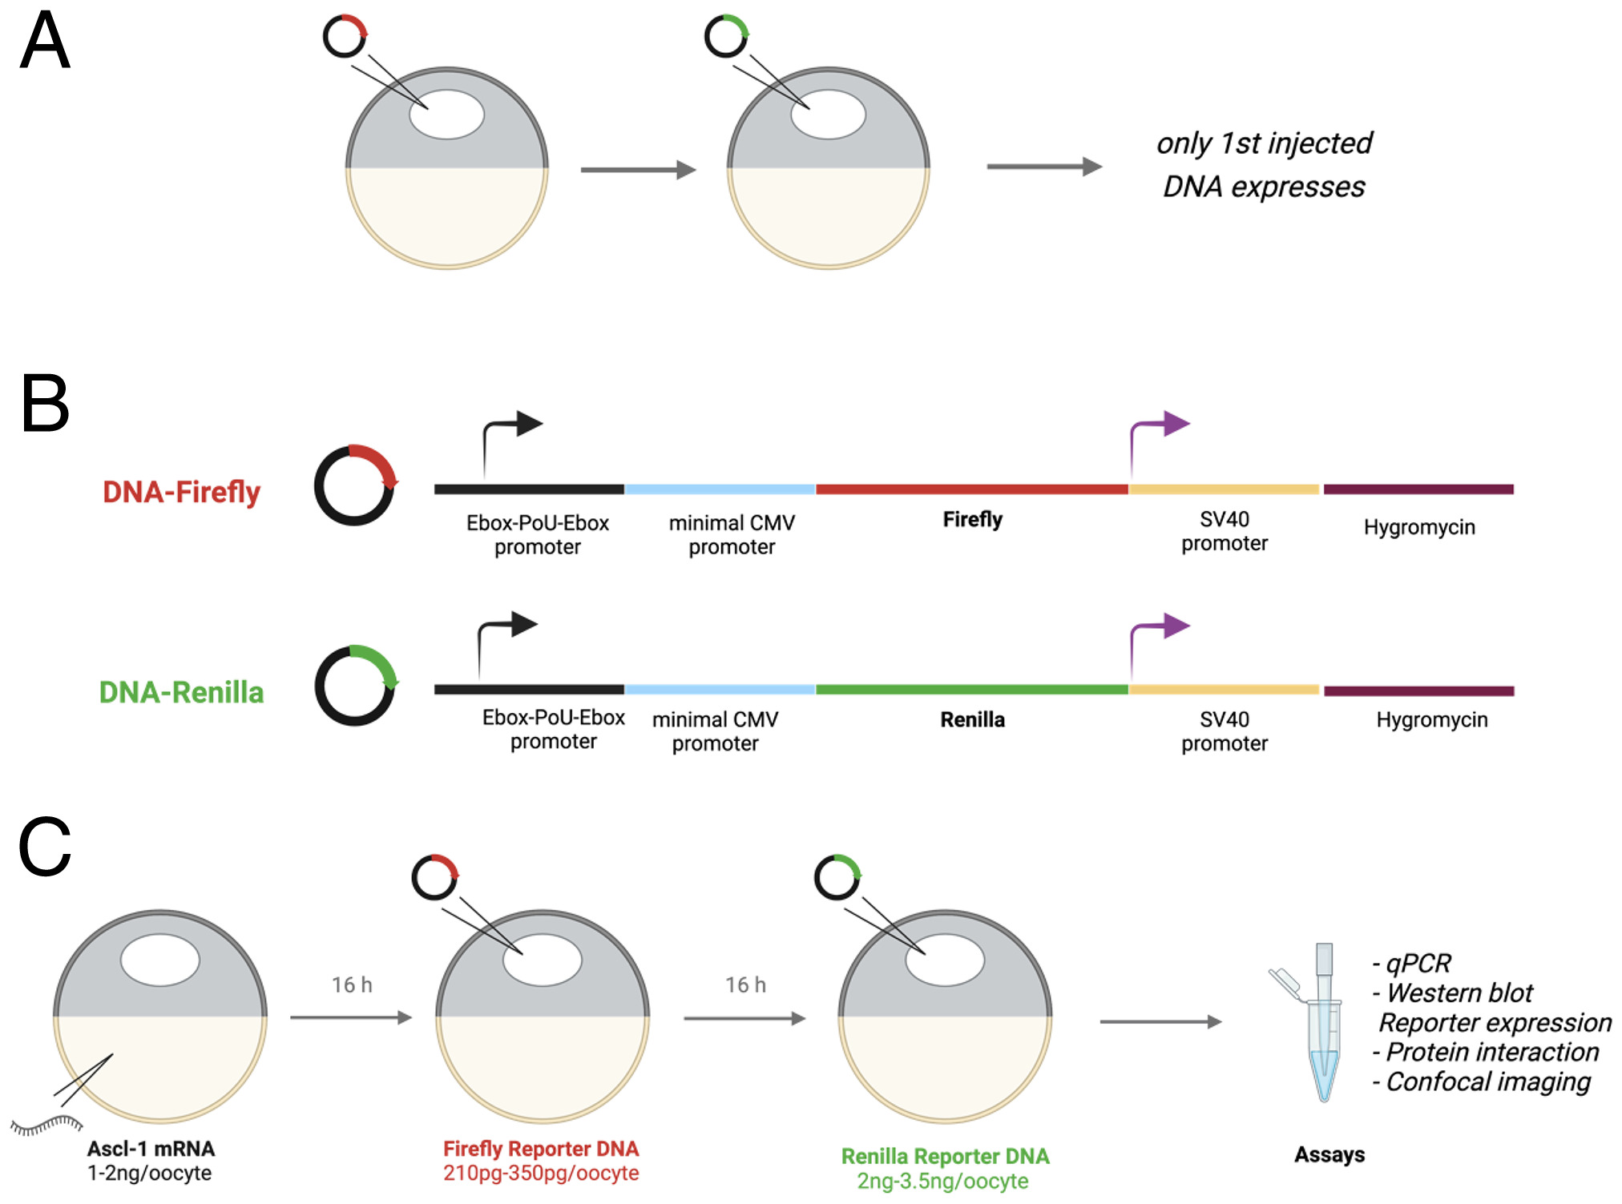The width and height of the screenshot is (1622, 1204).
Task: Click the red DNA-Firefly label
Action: (181, 492)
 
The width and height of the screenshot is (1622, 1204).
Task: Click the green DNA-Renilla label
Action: (181, 692)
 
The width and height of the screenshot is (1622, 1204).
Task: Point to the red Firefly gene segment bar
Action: (971, 489)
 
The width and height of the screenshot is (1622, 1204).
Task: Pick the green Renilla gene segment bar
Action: (971, 689)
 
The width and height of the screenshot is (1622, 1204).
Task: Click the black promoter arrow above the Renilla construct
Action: (506, 633)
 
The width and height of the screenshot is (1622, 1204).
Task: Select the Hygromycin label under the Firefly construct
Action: (1419, 527)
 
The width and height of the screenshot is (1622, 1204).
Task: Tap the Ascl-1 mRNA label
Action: (151, 1149)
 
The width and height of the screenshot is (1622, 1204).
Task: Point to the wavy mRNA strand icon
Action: (46, 1125)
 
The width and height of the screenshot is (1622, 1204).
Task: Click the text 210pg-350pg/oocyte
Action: (541, 1174)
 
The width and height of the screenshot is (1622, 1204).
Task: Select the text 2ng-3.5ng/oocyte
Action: (942, 1182)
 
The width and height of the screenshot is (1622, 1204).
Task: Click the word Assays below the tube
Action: (1329, 1154)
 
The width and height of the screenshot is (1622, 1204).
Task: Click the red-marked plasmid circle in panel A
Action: (345, 36)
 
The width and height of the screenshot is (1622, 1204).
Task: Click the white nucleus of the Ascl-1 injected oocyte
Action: (160, 960)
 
